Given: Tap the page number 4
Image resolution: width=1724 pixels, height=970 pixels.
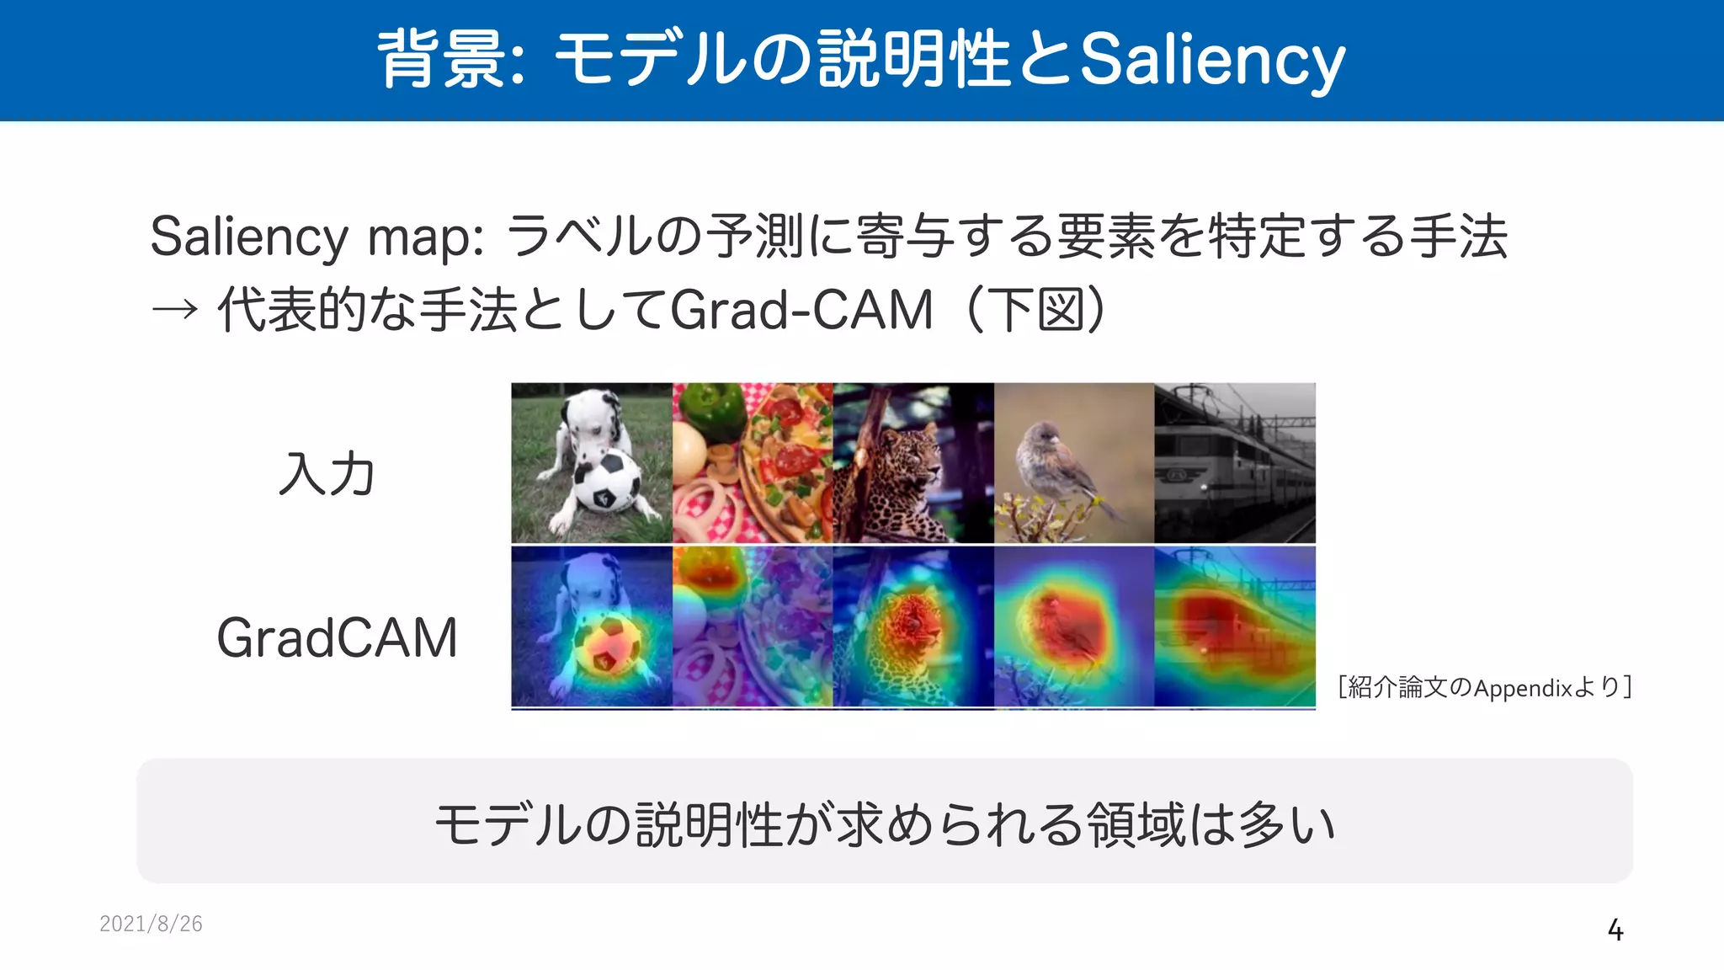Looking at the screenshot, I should click(1615, 930).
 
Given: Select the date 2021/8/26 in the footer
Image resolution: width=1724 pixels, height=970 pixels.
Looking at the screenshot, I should click(151, 924).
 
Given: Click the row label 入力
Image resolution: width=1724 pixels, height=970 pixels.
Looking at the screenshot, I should click(327, 473).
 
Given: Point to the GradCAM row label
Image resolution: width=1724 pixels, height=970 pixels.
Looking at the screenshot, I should click(337, 637).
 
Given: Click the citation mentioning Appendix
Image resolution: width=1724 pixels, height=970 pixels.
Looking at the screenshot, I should click(1485, 687).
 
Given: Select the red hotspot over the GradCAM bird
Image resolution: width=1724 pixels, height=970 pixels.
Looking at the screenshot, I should click(1065, 623).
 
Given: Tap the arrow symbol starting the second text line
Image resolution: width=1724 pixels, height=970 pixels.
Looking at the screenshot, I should click(174, 310).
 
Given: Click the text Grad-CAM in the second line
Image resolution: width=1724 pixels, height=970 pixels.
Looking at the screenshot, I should click(801, 310).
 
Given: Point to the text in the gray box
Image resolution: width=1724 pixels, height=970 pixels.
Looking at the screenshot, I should click(884, 823).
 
